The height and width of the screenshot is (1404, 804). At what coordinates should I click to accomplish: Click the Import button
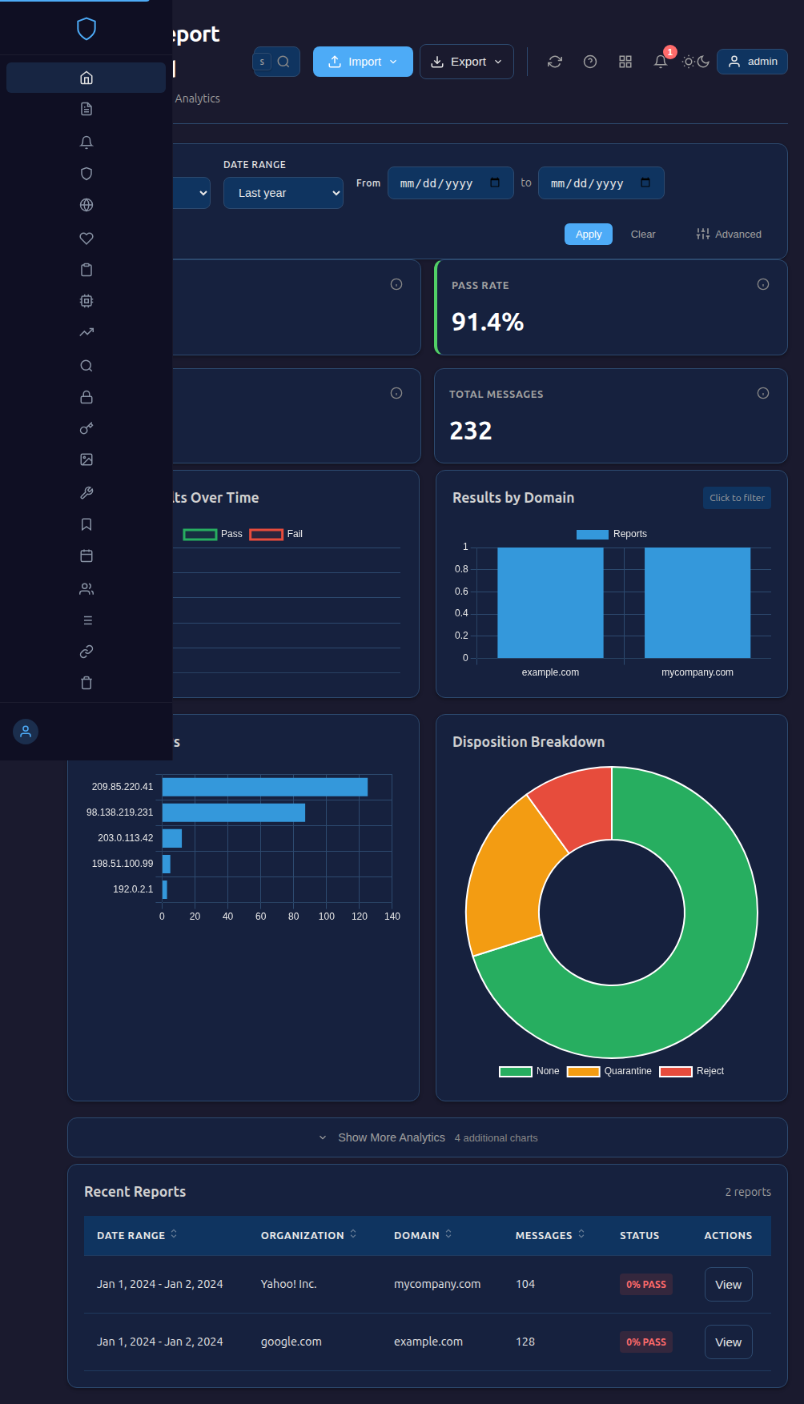point(363,62)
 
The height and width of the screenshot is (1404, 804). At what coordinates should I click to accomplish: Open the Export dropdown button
point(466,62)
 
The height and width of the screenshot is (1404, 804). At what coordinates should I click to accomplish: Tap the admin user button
point(752,62)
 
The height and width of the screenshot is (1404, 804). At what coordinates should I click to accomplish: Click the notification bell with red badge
point(661,62)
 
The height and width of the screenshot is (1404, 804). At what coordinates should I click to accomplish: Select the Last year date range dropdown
point(283,193)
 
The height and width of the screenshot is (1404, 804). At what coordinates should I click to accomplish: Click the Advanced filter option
point(729,235)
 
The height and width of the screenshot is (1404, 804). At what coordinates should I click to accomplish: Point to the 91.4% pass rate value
point(488,322)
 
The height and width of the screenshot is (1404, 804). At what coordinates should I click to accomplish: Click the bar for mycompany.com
point(697,603)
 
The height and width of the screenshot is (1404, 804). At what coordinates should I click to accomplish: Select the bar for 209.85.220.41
point(264,787)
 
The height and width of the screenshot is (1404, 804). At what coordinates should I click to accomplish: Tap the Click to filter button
point(737,498)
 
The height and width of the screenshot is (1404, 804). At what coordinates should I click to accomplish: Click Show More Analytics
point(391,1137)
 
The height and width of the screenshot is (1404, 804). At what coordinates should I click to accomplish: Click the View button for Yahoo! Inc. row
point(728,1285)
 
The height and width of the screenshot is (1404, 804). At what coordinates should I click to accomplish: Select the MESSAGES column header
point(544,1236)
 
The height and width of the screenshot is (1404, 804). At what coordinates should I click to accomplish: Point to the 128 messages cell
point(525,1342)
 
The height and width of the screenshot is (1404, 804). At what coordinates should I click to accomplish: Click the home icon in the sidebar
point(86,78)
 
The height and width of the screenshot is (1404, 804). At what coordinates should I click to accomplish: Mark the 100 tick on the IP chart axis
point(327,917)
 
